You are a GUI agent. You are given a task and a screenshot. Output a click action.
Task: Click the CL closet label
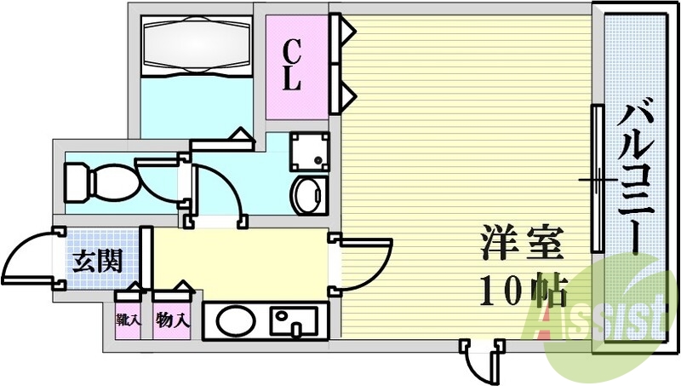click(x=292, y=66)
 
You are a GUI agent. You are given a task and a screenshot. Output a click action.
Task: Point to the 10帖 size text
click(x=521, y=292)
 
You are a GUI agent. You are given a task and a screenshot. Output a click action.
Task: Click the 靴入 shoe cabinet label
click(x=129, y=322)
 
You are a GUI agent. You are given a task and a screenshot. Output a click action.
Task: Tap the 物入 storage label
click(x=173, y=322)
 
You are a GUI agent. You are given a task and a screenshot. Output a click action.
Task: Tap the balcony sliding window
click(x=598, y=179)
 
